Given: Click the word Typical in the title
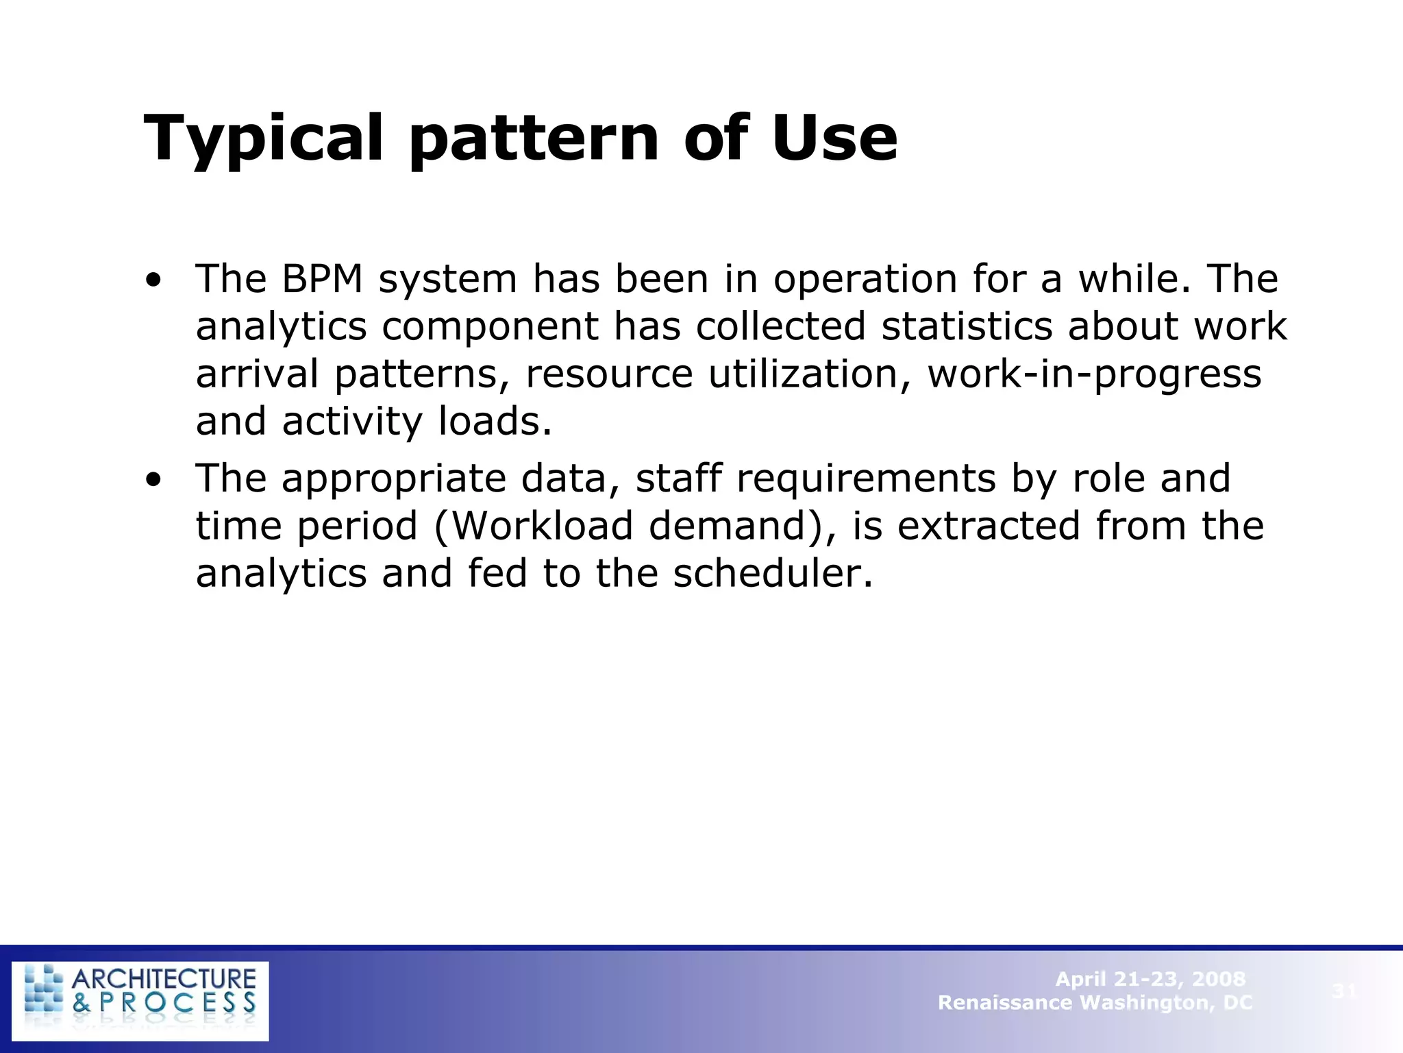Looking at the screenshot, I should tap(263, 140).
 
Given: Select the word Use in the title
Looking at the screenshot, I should tap(834, 138).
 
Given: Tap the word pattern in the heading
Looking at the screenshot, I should tap(534, 140).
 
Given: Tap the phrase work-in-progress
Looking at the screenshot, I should tap(1094, 374).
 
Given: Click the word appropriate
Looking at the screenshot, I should tap(393, 479).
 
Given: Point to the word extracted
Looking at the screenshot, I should tap(988, 526).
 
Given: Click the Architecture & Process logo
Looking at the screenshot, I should tap(140, 1001).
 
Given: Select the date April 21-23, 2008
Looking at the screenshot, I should tap(1150, 979).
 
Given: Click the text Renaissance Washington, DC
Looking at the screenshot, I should tap(1095, 1003).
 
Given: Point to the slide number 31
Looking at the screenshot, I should tap(1344, 991).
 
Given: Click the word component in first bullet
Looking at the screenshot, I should tap(490, 327).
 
